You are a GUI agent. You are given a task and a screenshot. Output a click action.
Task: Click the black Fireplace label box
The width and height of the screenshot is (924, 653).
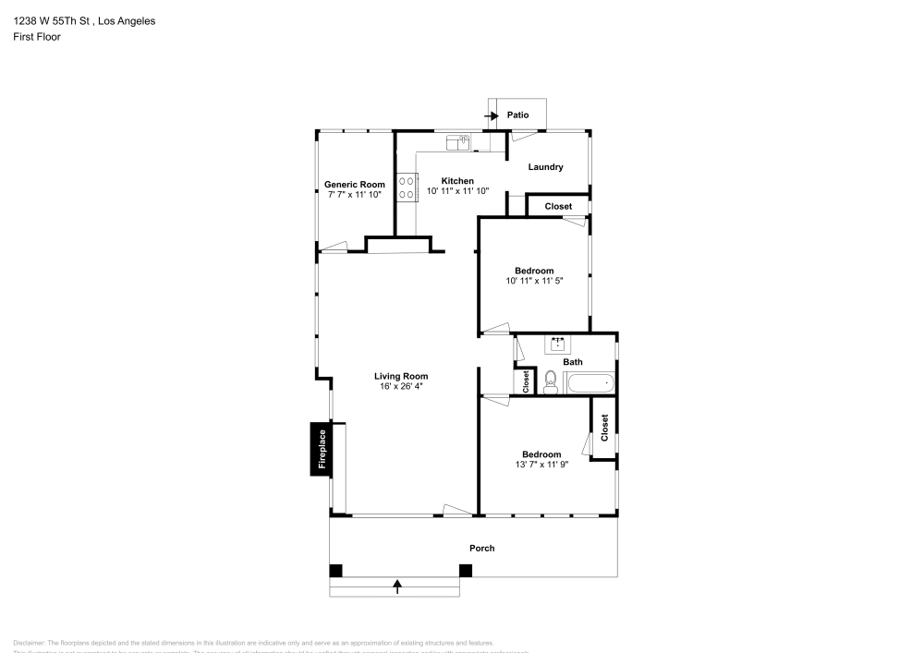pyautogui.click(x=322, y=451)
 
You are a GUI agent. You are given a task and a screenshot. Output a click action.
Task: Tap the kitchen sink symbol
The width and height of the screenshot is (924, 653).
pyautogui.click(x=458, y=142)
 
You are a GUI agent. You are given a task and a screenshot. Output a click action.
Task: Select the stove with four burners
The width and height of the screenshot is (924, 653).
pyautogui.click(x=407, y=187)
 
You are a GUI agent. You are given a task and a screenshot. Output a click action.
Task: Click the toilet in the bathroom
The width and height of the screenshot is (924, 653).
pyautogui.click(x=550, y=381)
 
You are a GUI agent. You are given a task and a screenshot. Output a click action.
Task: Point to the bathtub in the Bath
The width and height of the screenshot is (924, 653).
pyautogui.click(x=589, y=382)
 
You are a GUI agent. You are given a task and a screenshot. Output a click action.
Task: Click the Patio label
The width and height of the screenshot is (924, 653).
pyautogui.click(x=517, y=115)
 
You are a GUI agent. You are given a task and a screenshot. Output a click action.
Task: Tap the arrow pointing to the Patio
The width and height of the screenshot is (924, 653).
pyautogui.click(x=492, y=115)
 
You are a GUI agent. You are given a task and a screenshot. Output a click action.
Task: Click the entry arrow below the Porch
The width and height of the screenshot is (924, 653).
pyautogui.click(x=397, y=584)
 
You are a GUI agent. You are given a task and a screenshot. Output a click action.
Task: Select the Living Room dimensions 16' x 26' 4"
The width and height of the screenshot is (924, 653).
pyautogui.click(x=401, y=386)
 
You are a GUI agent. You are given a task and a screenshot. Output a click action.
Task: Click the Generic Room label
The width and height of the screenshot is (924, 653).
pyautogui.click(x=354, y=185)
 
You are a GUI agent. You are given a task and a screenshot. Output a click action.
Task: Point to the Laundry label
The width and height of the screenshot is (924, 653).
pyautogui.click(x=545, y=167)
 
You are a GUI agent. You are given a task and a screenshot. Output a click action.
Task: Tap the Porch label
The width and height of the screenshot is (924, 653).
pyautogui.click(x=481, y=548)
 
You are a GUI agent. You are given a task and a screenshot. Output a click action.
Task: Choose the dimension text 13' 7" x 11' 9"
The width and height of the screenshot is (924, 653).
pyautogui.click(x=541, y=465)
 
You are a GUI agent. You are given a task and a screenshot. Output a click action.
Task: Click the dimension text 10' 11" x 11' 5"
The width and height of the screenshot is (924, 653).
pyautogui.click(x=534, y=281)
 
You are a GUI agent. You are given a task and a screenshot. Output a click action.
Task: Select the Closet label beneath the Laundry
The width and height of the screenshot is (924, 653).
pyautogui.click(x=558, y=206)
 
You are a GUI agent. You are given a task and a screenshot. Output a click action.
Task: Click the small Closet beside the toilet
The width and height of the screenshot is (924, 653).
pyautogui.click(x=526, y=381)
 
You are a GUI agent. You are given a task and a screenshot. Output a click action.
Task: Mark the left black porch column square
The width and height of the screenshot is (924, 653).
pyautogui.click(x=336, y=570)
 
